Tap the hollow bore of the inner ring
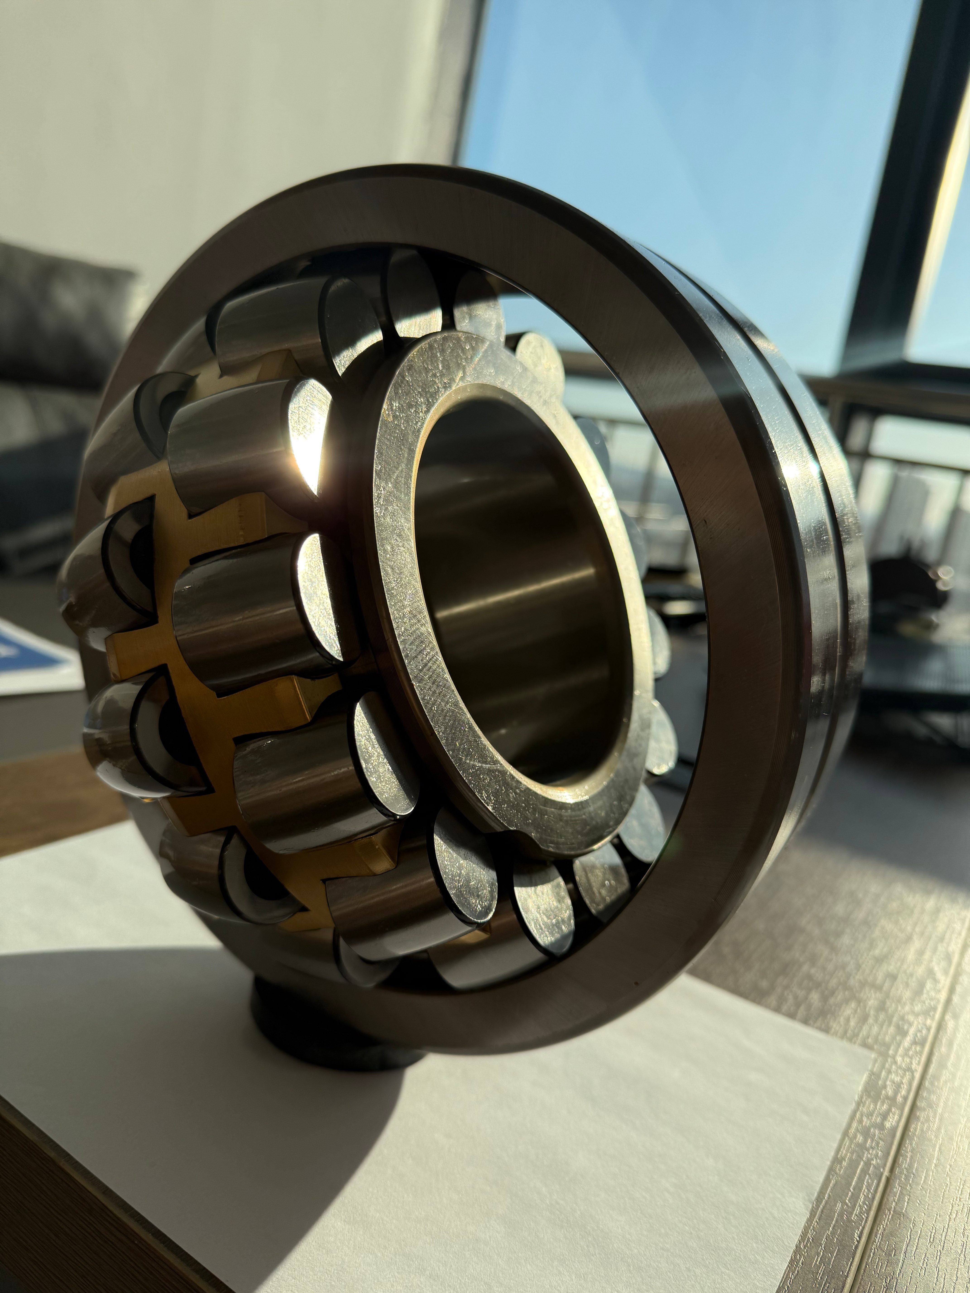pos(514,584)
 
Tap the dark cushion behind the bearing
pos(53,327)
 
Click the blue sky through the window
pos(672,146)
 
